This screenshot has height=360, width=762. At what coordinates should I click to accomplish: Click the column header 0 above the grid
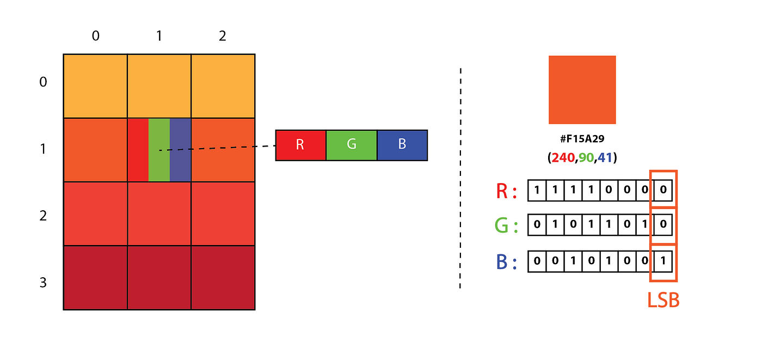coord(96,36)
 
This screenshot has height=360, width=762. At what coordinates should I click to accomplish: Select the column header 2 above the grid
coord(223,36)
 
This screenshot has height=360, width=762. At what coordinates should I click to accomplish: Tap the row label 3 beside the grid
coord(44,283)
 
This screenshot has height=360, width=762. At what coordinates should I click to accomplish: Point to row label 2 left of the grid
coord(44,216)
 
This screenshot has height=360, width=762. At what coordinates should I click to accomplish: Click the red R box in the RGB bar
coord(300,145)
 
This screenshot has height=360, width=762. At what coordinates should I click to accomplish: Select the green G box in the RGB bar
coord(351,145)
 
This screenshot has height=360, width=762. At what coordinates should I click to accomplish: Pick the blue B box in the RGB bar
coord(402,145)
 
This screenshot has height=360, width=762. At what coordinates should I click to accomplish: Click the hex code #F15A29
coord(582,140)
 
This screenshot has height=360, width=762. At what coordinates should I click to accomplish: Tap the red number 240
coord(562,158)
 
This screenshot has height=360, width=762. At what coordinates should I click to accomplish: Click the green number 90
coord(586,158)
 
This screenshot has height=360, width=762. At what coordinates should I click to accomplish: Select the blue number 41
coord(604,158)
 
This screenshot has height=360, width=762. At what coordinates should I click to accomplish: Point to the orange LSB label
coord(663,301)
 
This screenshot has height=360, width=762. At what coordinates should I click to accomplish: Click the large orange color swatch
coord(582,90)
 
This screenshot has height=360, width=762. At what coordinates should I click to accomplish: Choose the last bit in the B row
coord(663,261)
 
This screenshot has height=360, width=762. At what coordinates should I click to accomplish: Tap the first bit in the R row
coord(537,191)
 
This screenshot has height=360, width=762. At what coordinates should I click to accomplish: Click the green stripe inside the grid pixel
coord(159,150)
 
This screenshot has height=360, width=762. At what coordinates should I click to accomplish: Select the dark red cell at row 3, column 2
coord(223,278)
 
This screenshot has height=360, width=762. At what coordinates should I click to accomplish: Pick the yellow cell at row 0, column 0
coord(95,86)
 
